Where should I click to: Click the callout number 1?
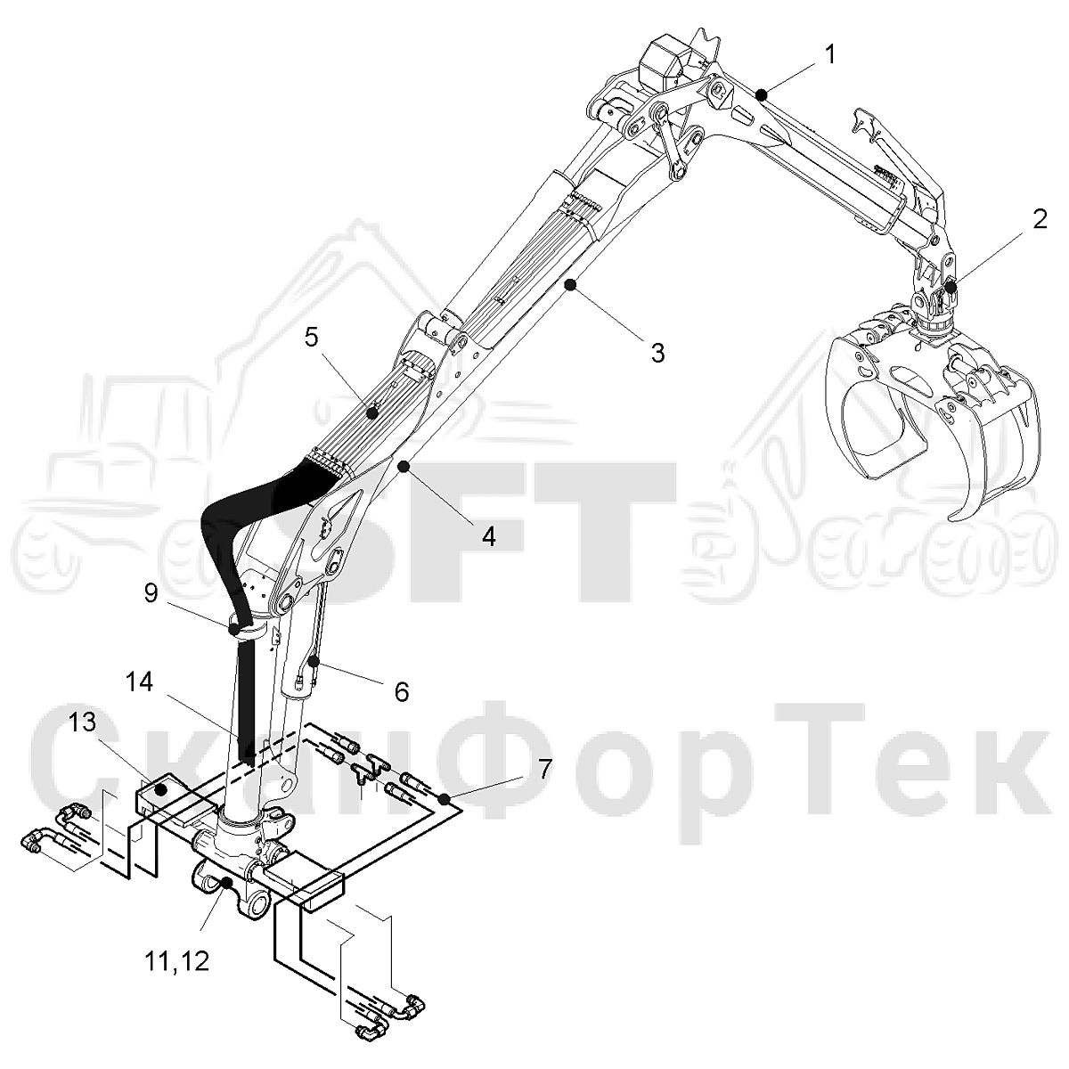[829, 55]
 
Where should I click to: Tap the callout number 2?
[1039, 220]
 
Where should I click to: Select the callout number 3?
[658, 354]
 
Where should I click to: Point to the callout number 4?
[488, 536]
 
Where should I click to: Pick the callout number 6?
[401, 692]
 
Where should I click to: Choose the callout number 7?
[544, 769]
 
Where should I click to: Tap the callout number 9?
[151, 593]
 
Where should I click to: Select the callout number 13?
[82, 722]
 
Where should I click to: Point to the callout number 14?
[138, 682]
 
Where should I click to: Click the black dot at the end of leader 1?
[763, 94]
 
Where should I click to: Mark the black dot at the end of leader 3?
[570, 284]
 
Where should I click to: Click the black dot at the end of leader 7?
[444, 799]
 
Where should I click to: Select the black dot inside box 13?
[161, 789]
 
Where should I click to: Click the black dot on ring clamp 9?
[233, 630]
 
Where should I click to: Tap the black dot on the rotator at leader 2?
[951, 288]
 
